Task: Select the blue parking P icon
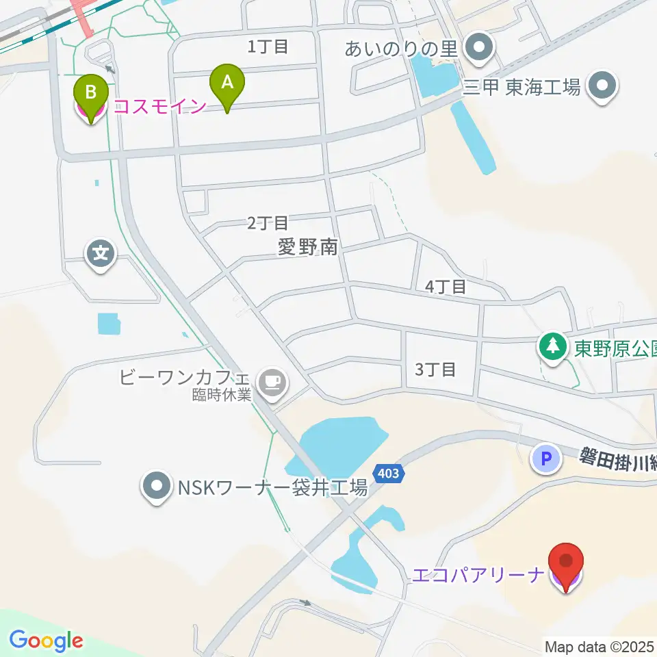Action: [x=546, y=459]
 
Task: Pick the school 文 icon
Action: [x=101, y=255]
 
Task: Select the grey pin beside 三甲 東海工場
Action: [x=604, y=86]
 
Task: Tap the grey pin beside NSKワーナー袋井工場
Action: [x=157, y=488]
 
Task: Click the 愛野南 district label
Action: [x=308, y=246]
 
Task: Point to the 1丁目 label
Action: [x=268, y=47]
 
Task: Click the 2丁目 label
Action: [x=268, y=222]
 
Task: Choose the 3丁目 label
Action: [x=435, y=370]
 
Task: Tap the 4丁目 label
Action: [x=446, y=287]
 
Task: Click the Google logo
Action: [x=46, y=641]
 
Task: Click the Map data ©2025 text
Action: [x=600, y=646]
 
